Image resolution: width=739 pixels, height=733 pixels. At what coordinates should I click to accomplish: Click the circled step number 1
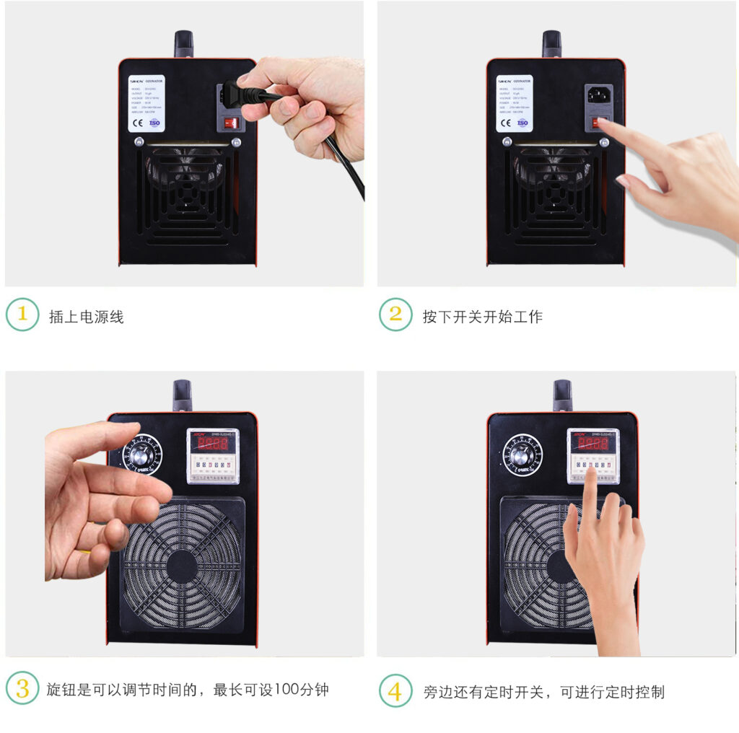pyautogui.click(x=22, y=315)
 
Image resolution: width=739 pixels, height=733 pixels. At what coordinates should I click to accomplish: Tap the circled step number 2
pyautogui.click(x=395, y=315)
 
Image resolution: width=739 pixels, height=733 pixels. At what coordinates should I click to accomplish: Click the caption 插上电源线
pyautogui.click(x=86, y=317)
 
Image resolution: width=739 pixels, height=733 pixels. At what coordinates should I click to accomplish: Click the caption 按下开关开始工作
pyautogui.click(x=482, y=317)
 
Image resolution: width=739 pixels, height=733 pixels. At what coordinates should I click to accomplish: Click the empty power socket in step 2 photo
pyautogui.click(x=598, y=95)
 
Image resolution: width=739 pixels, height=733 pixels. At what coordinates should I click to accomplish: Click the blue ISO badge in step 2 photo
pyautogui.click(x=522, y=123)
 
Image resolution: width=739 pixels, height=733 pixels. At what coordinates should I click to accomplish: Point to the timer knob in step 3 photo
pyautogui.click(x=142, y=455)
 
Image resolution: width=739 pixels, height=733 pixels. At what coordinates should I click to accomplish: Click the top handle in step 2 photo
pyautogui.click(x=551, y=43)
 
